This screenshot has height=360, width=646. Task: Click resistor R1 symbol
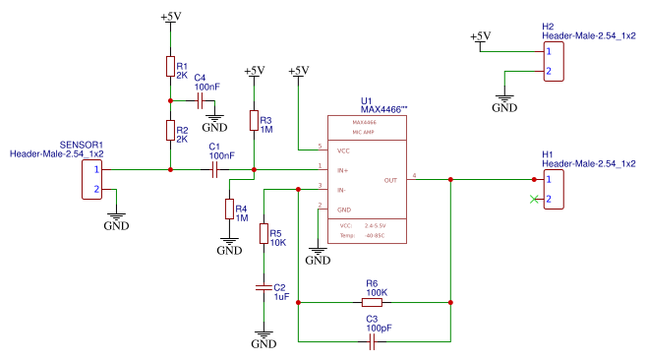coord(170,66)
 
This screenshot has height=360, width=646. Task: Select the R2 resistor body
coord(170,131)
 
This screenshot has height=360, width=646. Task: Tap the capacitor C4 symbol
coord(201,100)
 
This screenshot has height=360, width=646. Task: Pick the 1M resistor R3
coord(254,121)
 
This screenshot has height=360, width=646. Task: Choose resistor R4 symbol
coord(229,210)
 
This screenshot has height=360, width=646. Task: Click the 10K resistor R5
coord(263,234)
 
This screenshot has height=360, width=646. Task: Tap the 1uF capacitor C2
coord(263,287)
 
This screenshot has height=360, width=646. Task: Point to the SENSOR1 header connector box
coord(92,179)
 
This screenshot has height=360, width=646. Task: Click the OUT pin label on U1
coord(390,180)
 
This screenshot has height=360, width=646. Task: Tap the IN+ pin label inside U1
coord(343,170)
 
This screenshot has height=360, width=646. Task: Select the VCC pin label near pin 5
coord(343,150)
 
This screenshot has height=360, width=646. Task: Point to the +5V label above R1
coord(170,18)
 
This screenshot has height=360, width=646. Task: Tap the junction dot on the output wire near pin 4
coord(450,179)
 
